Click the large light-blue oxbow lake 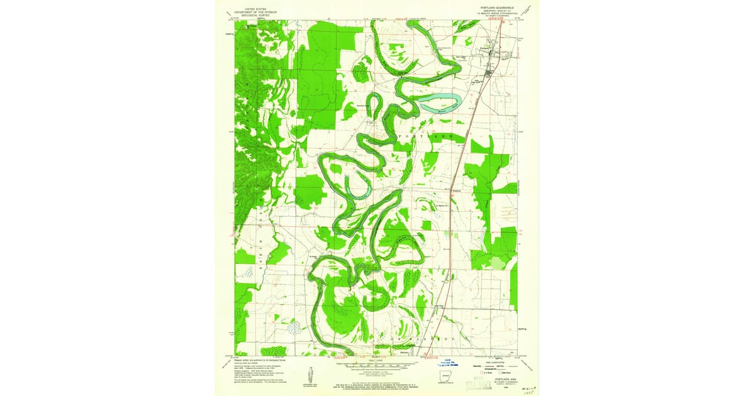(440, 100)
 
